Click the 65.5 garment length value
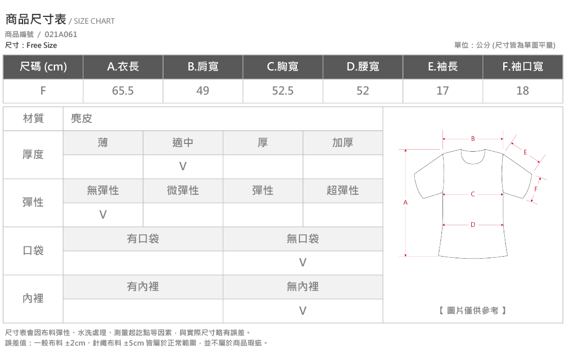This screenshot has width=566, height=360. point(123,91)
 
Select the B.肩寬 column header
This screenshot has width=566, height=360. point(203,67)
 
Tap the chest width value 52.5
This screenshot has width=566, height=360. point(282,91)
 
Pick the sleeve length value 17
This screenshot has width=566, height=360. point(443,91)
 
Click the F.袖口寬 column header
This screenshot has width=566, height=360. point(523,67)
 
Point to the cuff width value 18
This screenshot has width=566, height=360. point(523,91)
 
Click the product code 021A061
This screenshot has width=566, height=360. point(61,34)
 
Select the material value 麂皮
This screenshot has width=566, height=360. point(81,118)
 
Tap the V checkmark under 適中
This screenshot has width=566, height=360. point(183,167)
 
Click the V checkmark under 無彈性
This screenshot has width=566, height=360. point(103,215)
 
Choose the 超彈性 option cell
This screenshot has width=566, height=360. point(343,191)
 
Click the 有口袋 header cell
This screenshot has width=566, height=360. point(143,239)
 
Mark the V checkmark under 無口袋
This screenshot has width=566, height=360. point(303,263)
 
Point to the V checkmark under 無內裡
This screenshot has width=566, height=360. point(303,311)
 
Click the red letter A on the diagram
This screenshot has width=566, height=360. point(405,203)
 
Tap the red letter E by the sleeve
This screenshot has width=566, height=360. point(525,153)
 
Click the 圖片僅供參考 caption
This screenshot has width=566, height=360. point(472,311)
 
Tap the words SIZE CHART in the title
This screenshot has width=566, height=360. point(94,21)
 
